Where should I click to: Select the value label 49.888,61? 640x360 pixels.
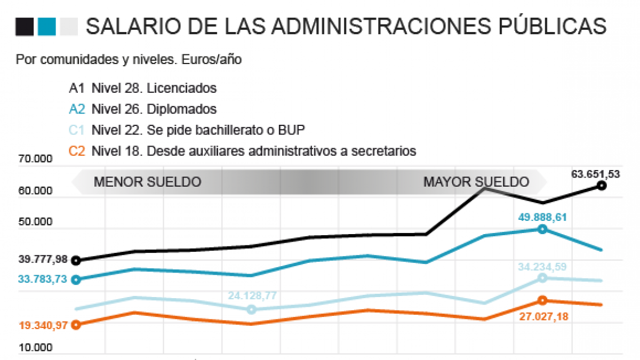pyautogui.click(x=542, y=217)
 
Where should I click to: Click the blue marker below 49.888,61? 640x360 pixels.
pyautogui.click(x=542, y=229)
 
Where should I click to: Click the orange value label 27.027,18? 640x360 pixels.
pyautogui.click(x=543, y=317)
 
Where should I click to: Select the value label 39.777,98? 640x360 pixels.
pyautogui.click(x=43, y=260)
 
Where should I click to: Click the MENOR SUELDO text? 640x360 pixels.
pyautogui.click(x=147, y=182)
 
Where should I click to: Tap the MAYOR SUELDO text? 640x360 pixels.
pyautogui.click(x=476, y=182)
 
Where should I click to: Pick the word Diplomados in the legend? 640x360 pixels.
pyautogui.click(x=182, y=109)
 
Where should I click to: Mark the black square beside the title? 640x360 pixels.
pyautogui.click(x=25, y=27)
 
